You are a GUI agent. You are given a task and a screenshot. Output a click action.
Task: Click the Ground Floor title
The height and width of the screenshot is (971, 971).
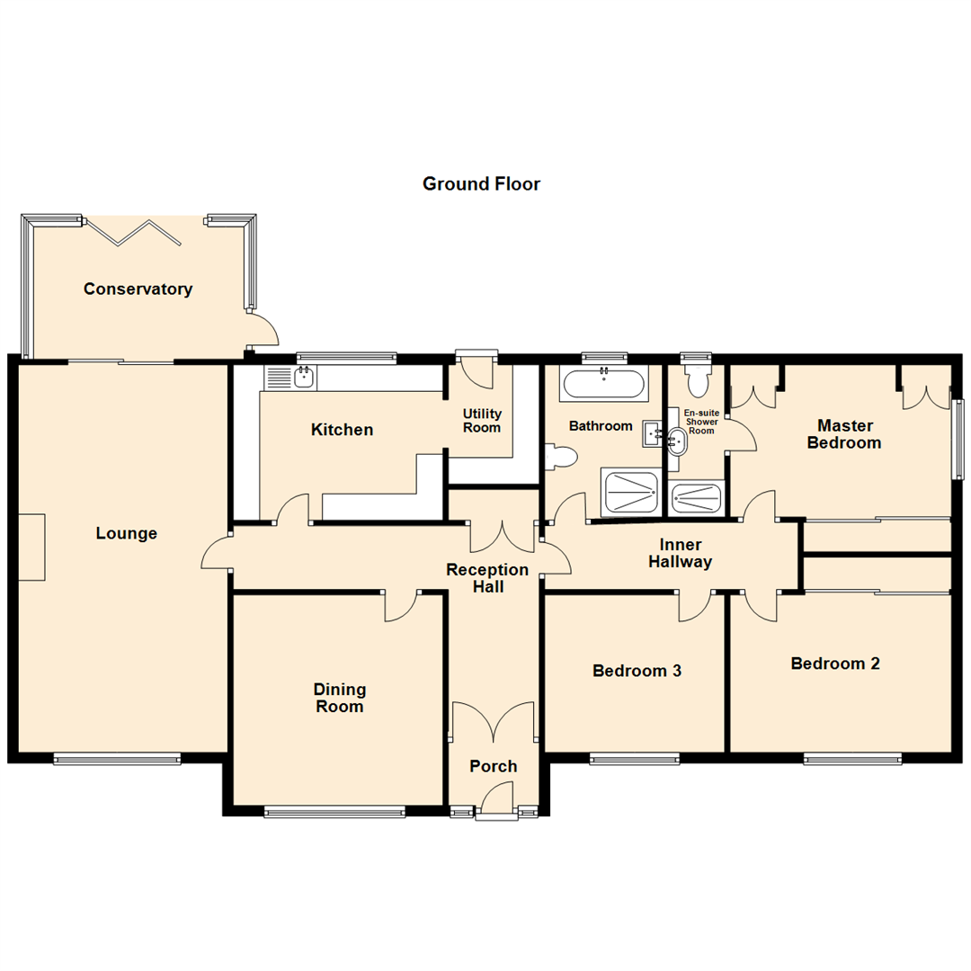(x=481, y=184)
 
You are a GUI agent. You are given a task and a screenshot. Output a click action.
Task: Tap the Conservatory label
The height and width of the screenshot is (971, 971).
(x=138, y=290)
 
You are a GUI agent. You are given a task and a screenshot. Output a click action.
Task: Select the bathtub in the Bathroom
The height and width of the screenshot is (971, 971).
(x=603, y=385)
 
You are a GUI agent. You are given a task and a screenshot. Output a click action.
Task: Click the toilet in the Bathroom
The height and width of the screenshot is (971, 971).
(x=560, y=459)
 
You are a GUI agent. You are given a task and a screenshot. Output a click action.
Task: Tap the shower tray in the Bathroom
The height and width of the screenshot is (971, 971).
(x=630, y=493)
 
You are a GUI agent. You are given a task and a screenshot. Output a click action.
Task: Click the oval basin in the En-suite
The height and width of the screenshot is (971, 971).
(x=678, y=441)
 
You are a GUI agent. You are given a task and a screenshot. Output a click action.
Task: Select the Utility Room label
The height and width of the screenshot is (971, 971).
(x=482, y=421)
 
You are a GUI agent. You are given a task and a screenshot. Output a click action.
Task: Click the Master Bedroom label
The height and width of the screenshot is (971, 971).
(x=843, y=433)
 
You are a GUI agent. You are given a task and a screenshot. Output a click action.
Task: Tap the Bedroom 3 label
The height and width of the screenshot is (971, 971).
(x=637, y=671)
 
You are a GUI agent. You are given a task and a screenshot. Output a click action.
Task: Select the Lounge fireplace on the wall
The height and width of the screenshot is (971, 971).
(x=31, y=547)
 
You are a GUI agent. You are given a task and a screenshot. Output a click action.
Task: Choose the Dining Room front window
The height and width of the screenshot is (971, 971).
(x=334, y=812)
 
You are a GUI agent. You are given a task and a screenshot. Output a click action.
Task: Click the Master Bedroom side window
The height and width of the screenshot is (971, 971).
(x=958, y=438)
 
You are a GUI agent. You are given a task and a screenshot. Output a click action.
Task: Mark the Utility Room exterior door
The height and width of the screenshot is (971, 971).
(x=476, y=369)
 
